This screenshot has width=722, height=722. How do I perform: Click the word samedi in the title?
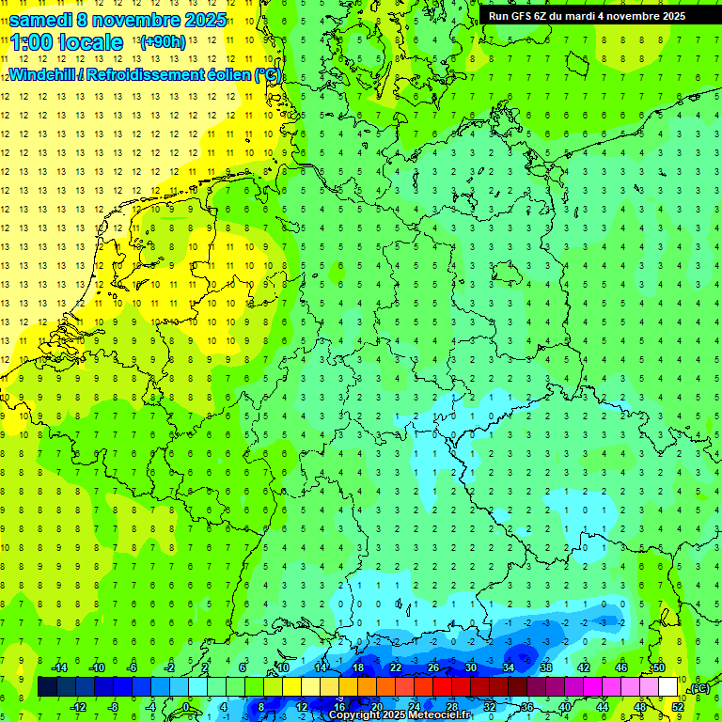pos(42,20)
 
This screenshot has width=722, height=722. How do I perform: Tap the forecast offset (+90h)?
pos(162,42)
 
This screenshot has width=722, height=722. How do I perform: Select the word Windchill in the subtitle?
pos(42,74)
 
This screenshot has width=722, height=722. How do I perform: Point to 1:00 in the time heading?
pos(30,42)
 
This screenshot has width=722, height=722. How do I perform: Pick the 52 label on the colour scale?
pos(678,707)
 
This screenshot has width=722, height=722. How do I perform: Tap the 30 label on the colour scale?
pos(470,667)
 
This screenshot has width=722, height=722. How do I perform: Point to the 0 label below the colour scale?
pos(186,707)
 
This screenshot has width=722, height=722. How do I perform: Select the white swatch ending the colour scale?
pos(667,687)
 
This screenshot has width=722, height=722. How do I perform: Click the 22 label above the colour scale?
pos(395,667)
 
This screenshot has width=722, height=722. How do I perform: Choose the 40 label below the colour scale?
pos(565,707)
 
